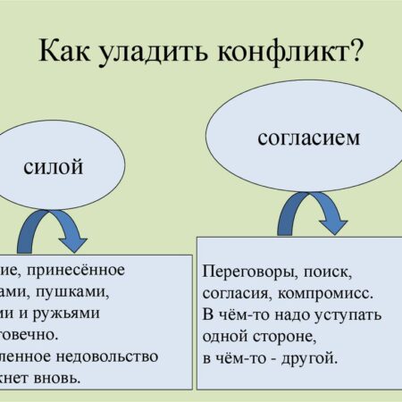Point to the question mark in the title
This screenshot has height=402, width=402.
pyautogui.click(x=355, y=52)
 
